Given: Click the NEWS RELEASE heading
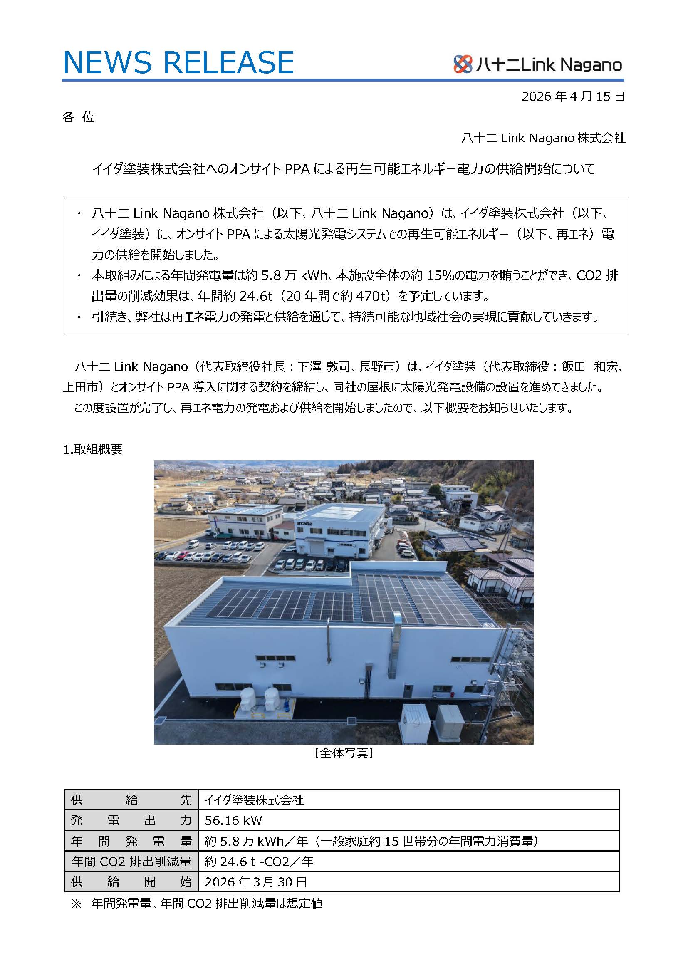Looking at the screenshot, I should click(x=178, y=62).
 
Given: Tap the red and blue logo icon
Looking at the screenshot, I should click(x=462, y=64).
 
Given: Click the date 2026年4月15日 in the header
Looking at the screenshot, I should click(x=573, y=97).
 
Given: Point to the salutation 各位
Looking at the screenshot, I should click(x=78, y=117).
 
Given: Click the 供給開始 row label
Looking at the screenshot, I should click(x=131, y=882).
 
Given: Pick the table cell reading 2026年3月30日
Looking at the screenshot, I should click(x=255, y=882).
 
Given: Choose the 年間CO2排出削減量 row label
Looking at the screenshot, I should click(x=131, y=861).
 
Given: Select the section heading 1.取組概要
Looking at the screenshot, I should click(x=93, y=450).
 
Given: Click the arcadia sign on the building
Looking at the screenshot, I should click(x=304, y=524).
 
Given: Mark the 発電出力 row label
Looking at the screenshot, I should click(x=131, y=821).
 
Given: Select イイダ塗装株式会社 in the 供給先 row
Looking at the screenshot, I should click(x=254, y=800).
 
